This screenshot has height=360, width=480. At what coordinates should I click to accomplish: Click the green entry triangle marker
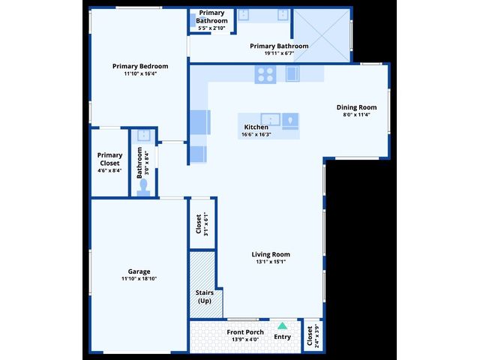pos(282,325)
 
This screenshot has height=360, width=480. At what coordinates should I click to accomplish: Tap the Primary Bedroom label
pos(140,66)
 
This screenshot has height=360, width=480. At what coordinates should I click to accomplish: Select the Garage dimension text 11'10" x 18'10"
pos(139,278)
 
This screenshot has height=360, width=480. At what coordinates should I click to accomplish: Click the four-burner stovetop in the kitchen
pos(265,75)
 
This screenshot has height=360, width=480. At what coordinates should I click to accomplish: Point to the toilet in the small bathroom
pos(143,187)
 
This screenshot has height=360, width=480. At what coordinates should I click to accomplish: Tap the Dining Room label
pos(357,107)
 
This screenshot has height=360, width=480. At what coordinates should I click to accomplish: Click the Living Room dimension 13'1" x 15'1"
pos(271,262)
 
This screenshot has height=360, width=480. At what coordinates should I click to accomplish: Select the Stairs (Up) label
pos(205,297)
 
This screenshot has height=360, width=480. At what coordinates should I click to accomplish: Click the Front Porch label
pos(245,332)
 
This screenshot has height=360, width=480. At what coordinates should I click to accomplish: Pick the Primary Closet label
pos(109,159)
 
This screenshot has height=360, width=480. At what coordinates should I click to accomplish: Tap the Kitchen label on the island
pos(256,127)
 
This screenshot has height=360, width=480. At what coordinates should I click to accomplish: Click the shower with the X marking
pos(322,35)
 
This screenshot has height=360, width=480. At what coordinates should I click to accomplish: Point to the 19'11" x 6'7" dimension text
pos(279,53)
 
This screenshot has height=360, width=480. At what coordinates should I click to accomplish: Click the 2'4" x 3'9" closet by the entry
pos(313,336)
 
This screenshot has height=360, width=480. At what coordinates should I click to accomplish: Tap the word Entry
pos(282,337)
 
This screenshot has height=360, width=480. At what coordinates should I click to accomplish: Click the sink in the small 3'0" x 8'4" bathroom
pos(143,136)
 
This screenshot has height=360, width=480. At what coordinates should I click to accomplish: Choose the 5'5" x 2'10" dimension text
pos(211,28)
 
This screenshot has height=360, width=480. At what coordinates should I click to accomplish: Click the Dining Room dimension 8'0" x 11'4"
pos(357,115)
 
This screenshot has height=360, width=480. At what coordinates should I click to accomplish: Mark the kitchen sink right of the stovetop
pos(292,74)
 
